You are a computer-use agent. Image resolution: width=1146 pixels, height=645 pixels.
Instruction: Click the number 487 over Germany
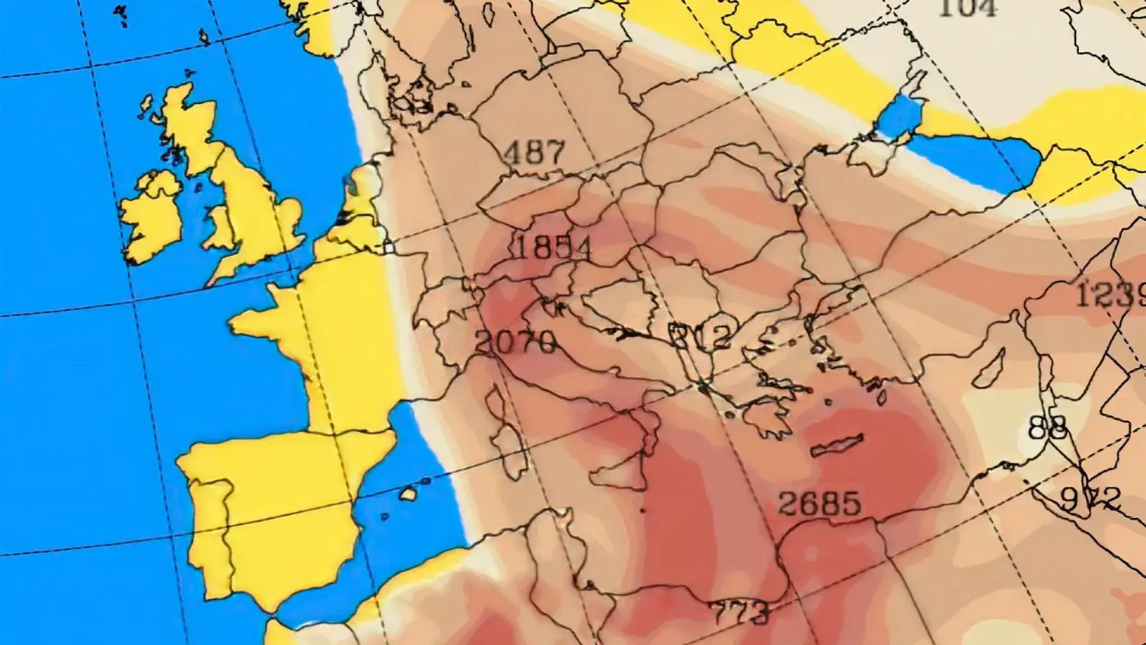[535, 153]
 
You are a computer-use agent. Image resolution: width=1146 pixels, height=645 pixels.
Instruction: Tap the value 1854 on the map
[550, 247]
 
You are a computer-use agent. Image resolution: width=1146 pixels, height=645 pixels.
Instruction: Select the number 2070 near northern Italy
[516, 341]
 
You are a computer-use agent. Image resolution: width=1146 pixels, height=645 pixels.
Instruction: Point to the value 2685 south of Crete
[819, 503]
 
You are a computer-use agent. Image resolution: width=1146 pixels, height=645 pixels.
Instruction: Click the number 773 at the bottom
[739, 614]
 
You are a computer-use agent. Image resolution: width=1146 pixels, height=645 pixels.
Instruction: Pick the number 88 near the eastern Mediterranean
[1047, 427]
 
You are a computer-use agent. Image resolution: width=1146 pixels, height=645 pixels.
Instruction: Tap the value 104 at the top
[967, 8]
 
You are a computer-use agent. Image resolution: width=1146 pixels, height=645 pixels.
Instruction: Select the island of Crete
[837, 444]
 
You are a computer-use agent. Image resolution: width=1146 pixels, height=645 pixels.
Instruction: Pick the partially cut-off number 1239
[1110, 294]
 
